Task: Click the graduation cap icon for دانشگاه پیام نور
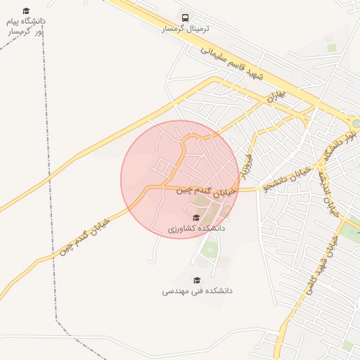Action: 26,11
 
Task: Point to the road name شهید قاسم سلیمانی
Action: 232,63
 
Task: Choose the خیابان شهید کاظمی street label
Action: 321,264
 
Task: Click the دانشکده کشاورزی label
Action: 197,229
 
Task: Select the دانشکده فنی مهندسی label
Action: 198,290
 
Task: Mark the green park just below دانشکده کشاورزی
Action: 210,248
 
